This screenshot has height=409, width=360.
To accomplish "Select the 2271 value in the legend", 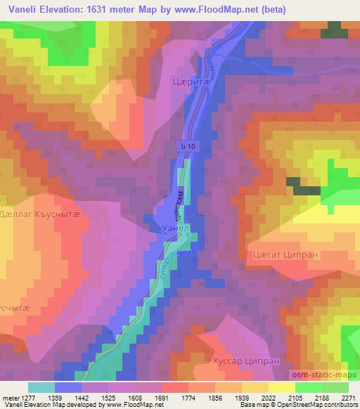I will [347, 397].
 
